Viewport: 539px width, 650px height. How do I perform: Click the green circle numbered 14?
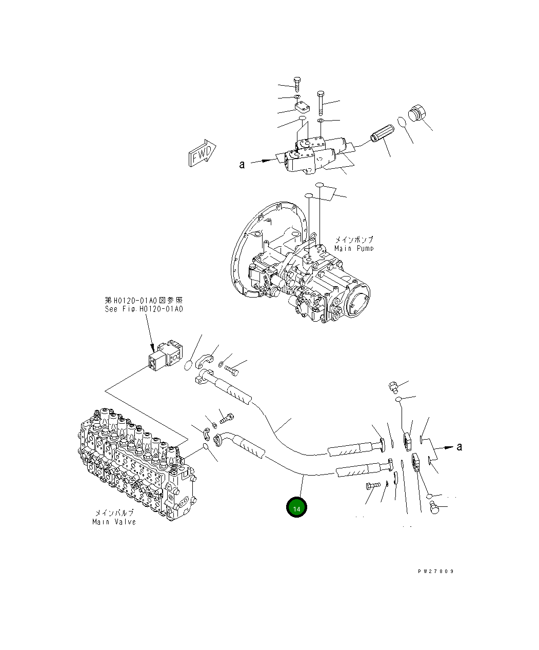tap(296, 508)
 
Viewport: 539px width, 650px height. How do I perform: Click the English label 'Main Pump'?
tap(354, 248)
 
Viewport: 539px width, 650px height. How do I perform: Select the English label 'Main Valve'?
tap(114, 522)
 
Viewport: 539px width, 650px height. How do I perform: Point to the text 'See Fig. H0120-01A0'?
tap(144, 309)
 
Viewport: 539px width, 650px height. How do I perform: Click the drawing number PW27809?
tap(435, 571)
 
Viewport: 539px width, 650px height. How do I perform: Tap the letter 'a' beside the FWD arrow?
tap(242, 164)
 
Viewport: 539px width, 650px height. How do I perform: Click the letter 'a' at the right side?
tap(459, 446)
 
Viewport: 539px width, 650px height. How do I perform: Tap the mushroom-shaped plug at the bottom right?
tap(433, 508)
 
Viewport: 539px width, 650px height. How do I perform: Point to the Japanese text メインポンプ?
tap(354, 239)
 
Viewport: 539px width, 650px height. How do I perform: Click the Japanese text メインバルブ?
tap(114, 513)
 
